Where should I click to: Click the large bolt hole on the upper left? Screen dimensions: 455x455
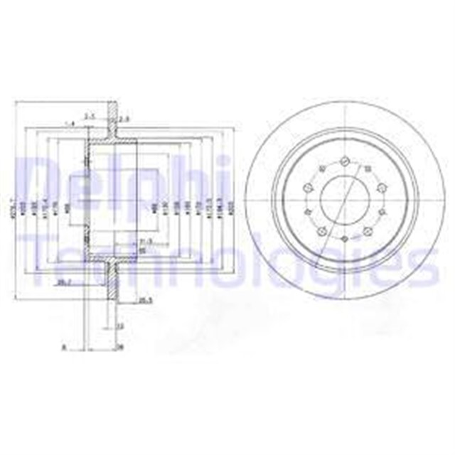[x=309, y=187]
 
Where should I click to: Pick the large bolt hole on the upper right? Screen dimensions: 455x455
[x=381, y=187]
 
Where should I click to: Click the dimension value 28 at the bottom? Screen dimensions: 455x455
[x=119, y=348]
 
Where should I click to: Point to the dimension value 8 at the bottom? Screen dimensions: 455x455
[x=63, y=348]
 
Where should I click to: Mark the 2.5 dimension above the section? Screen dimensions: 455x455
[x=90, y=114]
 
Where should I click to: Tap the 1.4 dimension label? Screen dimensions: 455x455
[x=69, y=124]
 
